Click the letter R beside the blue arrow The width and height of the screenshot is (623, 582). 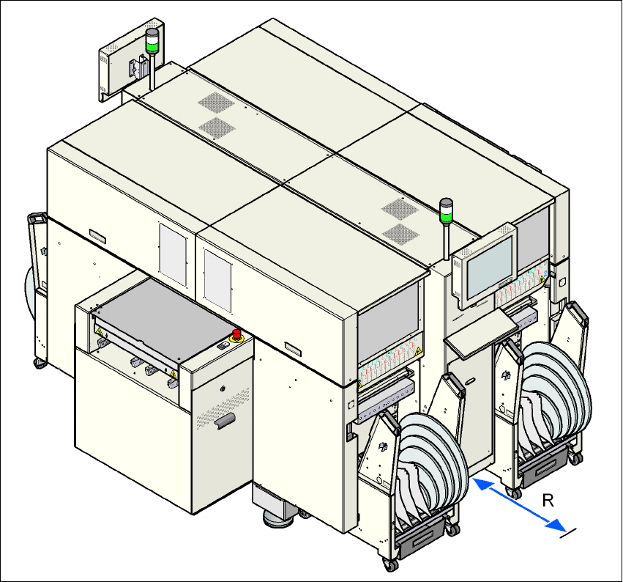pos(548,501)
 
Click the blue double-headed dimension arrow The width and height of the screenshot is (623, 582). pos(518,505)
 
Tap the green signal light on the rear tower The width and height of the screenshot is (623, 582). pos(152,45)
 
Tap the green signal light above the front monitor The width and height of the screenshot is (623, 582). pos(446,217)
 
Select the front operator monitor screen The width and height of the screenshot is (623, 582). pos(490,268)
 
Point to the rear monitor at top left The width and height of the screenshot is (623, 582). pos(130,59)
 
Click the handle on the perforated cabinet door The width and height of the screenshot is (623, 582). pos(225,421)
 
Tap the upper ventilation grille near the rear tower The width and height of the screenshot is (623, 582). pos(216,103)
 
